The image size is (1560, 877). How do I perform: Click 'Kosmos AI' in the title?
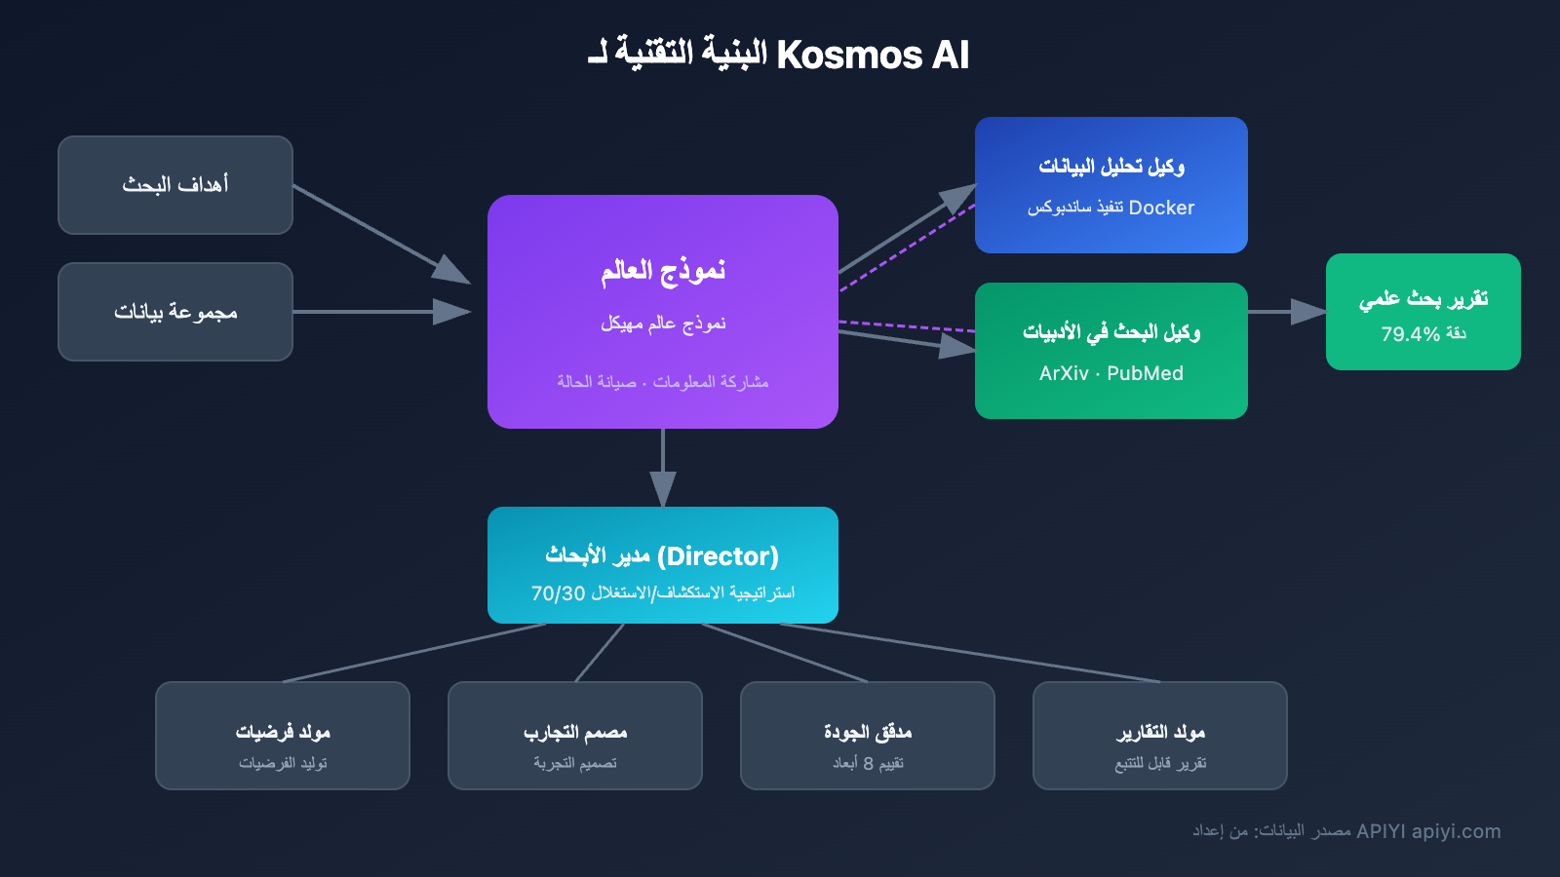pos(872,56)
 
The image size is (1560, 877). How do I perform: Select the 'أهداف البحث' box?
pos(175,185)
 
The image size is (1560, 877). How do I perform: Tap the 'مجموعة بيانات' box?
pos(175,312)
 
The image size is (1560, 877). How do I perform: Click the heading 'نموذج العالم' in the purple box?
pos(663,270)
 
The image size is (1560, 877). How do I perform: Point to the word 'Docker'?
pos(1161,208)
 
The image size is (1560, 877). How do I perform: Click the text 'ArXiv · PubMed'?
pos(1111,373)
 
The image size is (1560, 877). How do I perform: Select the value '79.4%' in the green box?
pos(1410,334)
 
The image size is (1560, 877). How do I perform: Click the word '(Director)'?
pos(718,556)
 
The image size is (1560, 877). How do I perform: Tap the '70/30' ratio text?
pos(558,593)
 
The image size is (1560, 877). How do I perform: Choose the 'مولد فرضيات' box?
pos(283,736)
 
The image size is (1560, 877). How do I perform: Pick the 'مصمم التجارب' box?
pos(575,736)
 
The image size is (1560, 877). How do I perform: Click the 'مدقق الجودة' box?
pos(868,736)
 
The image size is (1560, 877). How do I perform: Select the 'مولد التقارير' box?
pos(1160,736)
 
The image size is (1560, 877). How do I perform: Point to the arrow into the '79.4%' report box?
pos(1287,312)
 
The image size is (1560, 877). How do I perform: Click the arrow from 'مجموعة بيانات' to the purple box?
pos(380,312)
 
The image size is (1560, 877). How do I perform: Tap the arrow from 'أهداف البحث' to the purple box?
pos(380,232)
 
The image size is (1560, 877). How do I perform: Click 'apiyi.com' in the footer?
pos(1456,831)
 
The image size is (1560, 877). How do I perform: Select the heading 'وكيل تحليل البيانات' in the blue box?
pos(1111,167)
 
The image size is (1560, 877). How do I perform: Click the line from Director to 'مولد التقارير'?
pos(975,653)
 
